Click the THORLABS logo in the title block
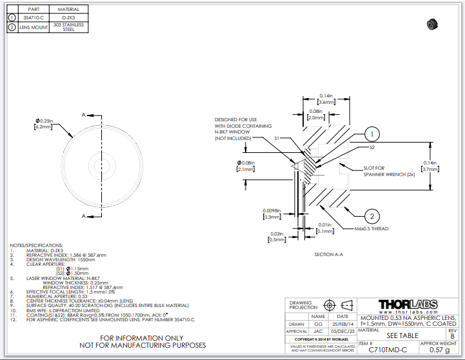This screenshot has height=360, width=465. pyautogui.click(x=408, y=305)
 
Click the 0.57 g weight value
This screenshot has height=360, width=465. pyautogui.click(x=439, y=350)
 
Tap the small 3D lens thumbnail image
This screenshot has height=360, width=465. pyautogui.click(x=431, y=25)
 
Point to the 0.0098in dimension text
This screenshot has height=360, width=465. pyautogui.click(x=272, y=211)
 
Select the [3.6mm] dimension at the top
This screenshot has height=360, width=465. pyautogui.click(x=327, y=102)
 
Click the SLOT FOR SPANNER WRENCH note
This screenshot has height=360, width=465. pyautogui.click(x=382, y=172)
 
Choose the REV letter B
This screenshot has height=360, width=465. pyautogui.click(x=451, y=336)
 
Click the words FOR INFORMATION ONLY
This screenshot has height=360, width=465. pyautogui.click(x=142, y=338)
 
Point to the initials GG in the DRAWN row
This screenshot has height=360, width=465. pyautogui.click(x=318, y=324)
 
